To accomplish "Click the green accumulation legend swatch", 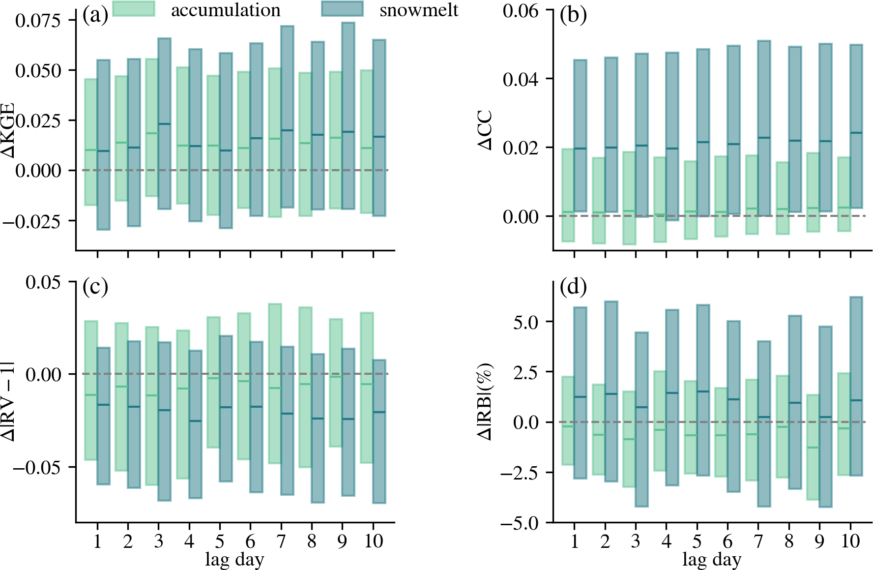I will click(134, 9).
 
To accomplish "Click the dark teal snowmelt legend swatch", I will click(342, 9).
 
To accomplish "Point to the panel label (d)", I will click(573, 287).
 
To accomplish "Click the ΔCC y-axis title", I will click(486, 130).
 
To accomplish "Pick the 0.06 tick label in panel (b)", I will click(520, 10).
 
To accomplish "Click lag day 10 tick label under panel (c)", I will click(373, 541).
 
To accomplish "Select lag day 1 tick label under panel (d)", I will click(574, 541).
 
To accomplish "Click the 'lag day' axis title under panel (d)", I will click(712, 560).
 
